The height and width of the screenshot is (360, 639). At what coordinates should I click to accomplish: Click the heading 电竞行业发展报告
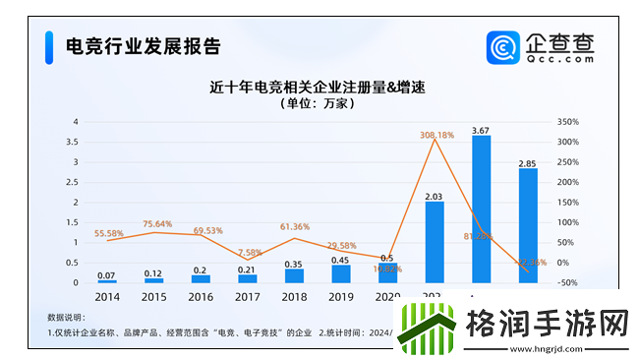(142, 45)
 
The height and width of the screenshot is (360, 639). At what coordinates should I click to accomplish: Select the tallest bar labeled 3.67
(481, 210)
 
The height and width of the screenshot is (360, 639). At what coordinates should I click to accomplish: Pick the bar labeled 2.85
(528, 225)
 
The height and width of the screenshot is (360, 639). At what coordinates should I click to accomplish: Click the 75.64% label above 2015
(156, 223)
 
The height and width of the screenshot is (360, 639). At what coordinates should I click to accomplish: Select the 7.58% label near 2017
(250, 252)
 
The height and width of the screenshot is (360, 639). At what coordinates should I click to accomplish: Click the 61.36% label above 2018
(295, 227)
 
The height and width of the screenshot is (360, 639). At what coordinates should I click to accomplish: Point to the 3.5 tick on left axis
(75, 142)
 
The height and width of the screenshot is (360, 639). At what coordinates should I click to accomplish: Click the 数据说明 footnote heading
(66, 318)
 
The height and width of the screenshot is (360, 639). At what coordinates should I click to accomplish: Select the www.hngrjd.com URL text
(547, 345)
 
